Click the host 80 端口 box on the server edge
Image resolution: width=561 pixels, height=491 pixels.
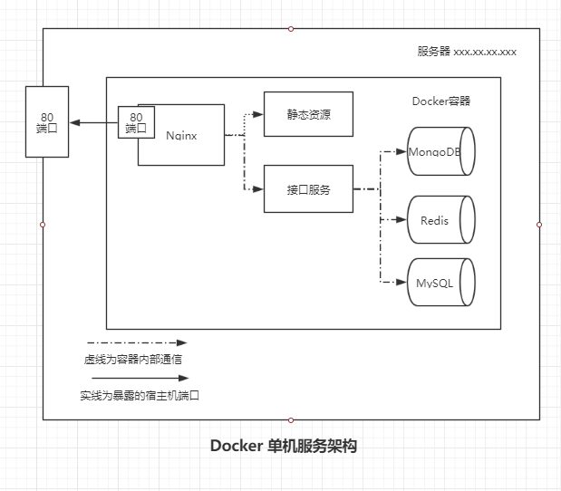click(46, 121)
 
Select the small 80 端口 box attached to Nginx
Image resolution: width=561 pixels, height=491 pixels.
click(137, 122)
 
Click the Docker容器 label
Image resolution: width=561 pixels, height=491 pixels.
click(440, 101)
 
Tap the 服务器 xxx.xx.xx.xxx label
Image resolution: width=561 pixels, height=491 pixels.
click(467, 52)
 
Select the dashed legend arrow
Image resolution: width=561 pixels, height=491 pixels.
click(136, 343)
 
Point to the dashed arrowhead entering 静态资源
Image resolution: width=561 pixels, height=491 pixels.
click(258, 114)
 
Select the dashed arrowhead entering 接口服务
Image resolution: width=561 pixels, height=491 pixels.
click(258, 189)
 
